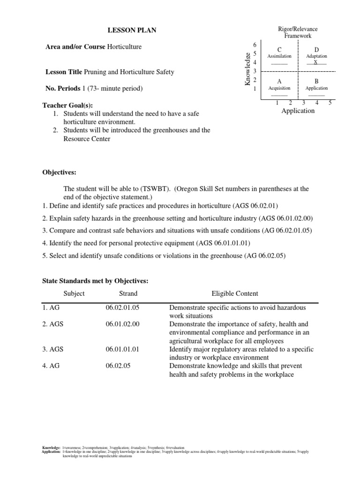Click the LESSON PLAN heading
132,30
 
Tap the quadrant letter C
279,49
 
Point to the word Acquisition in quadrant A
279,88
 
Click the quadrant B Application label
316,88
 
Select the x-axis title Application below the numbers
298,111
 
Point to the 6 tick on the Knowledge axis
255,44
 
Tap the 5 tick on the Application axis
330,102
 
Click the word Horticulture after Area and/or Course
124,47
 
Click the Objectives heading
60,172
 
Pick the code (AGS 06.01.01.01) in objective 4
222,243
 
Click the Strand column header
128,293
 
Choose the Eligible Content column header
235,293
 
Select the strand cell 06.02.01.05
123,307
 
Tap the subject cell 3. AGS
53,349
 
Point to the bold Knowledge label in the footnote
51,448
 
